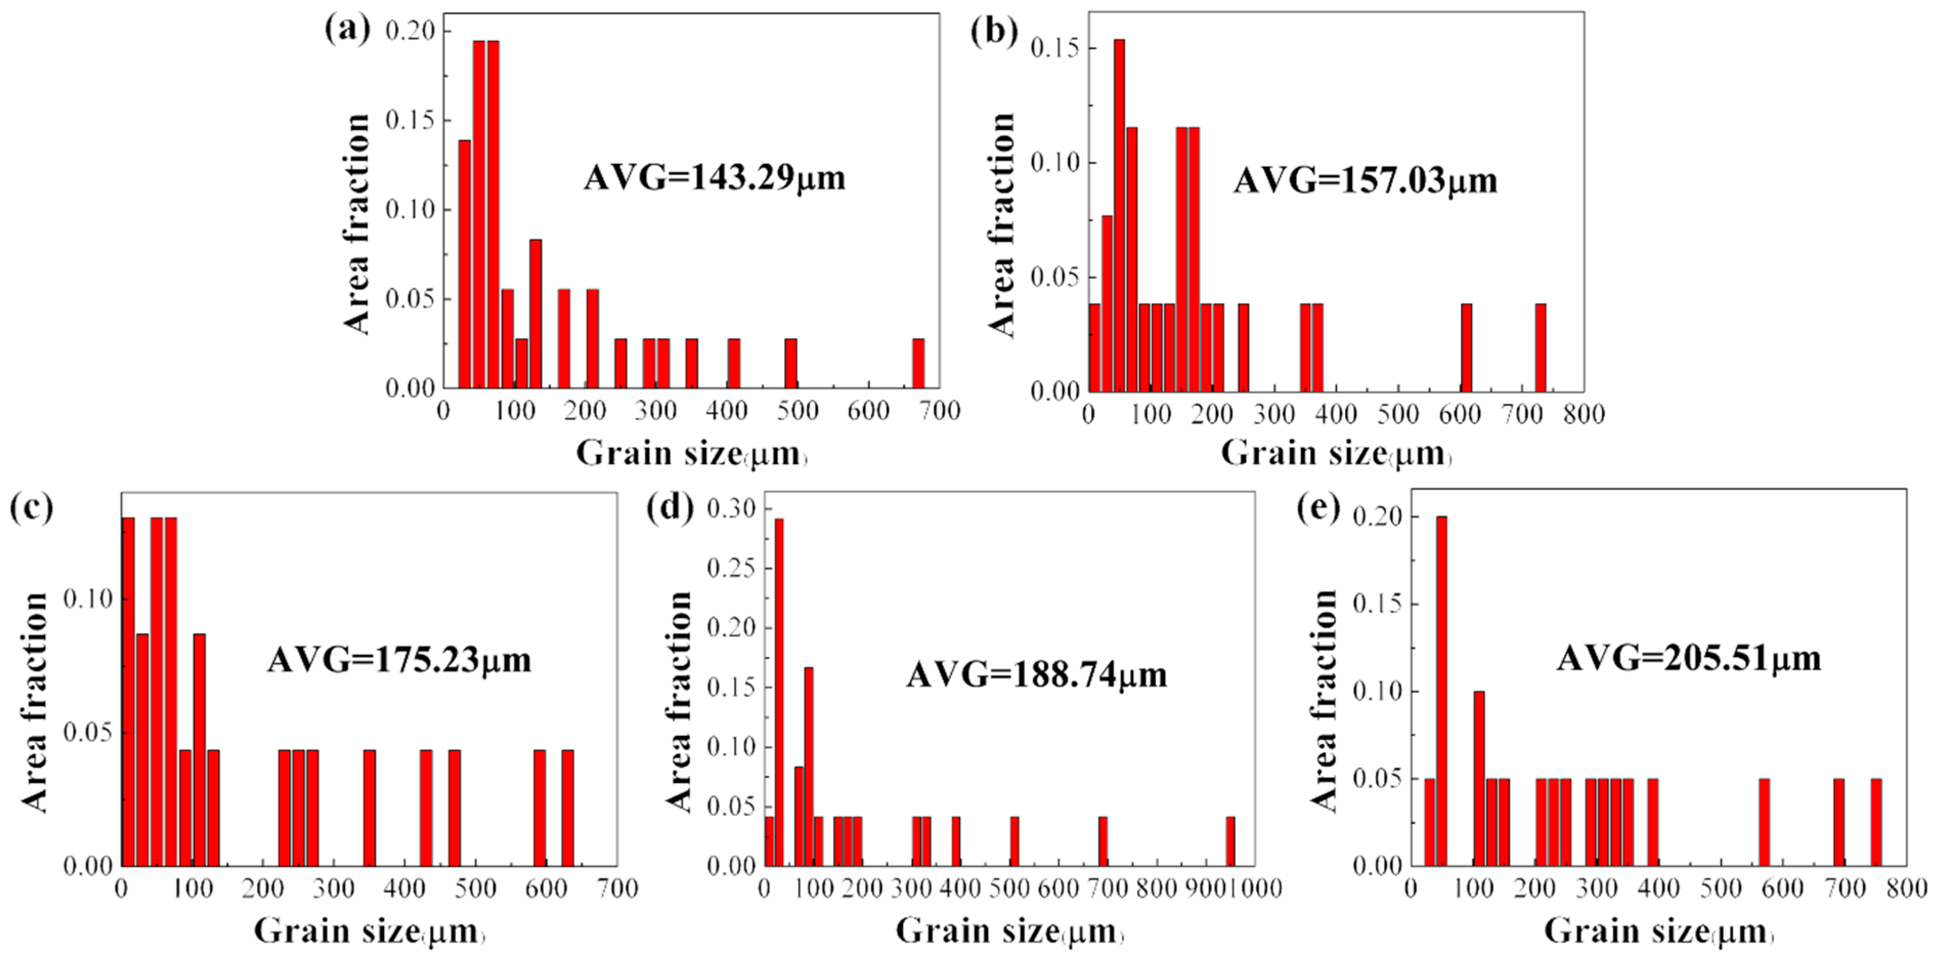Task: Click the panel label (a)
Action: [347, 30]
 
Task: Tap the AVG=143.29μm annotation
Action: [715, 178]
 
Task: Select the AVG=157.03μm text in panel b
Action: [1365, 181]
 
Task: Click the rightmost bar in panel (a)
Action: [918, 363]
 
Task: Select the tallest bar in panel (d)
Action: [779, 692]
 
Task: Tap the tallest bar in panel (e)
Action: [1441, 690]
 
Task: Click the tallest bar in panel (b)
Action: [1119, 214]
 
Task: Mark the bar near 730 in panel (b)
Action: [1541, 347]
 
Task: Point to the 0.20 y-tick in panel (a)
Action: [410, 32]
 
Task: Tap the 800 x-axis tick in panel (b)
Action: [1583, 414]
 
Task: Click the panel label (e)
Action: [1318, 509]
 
